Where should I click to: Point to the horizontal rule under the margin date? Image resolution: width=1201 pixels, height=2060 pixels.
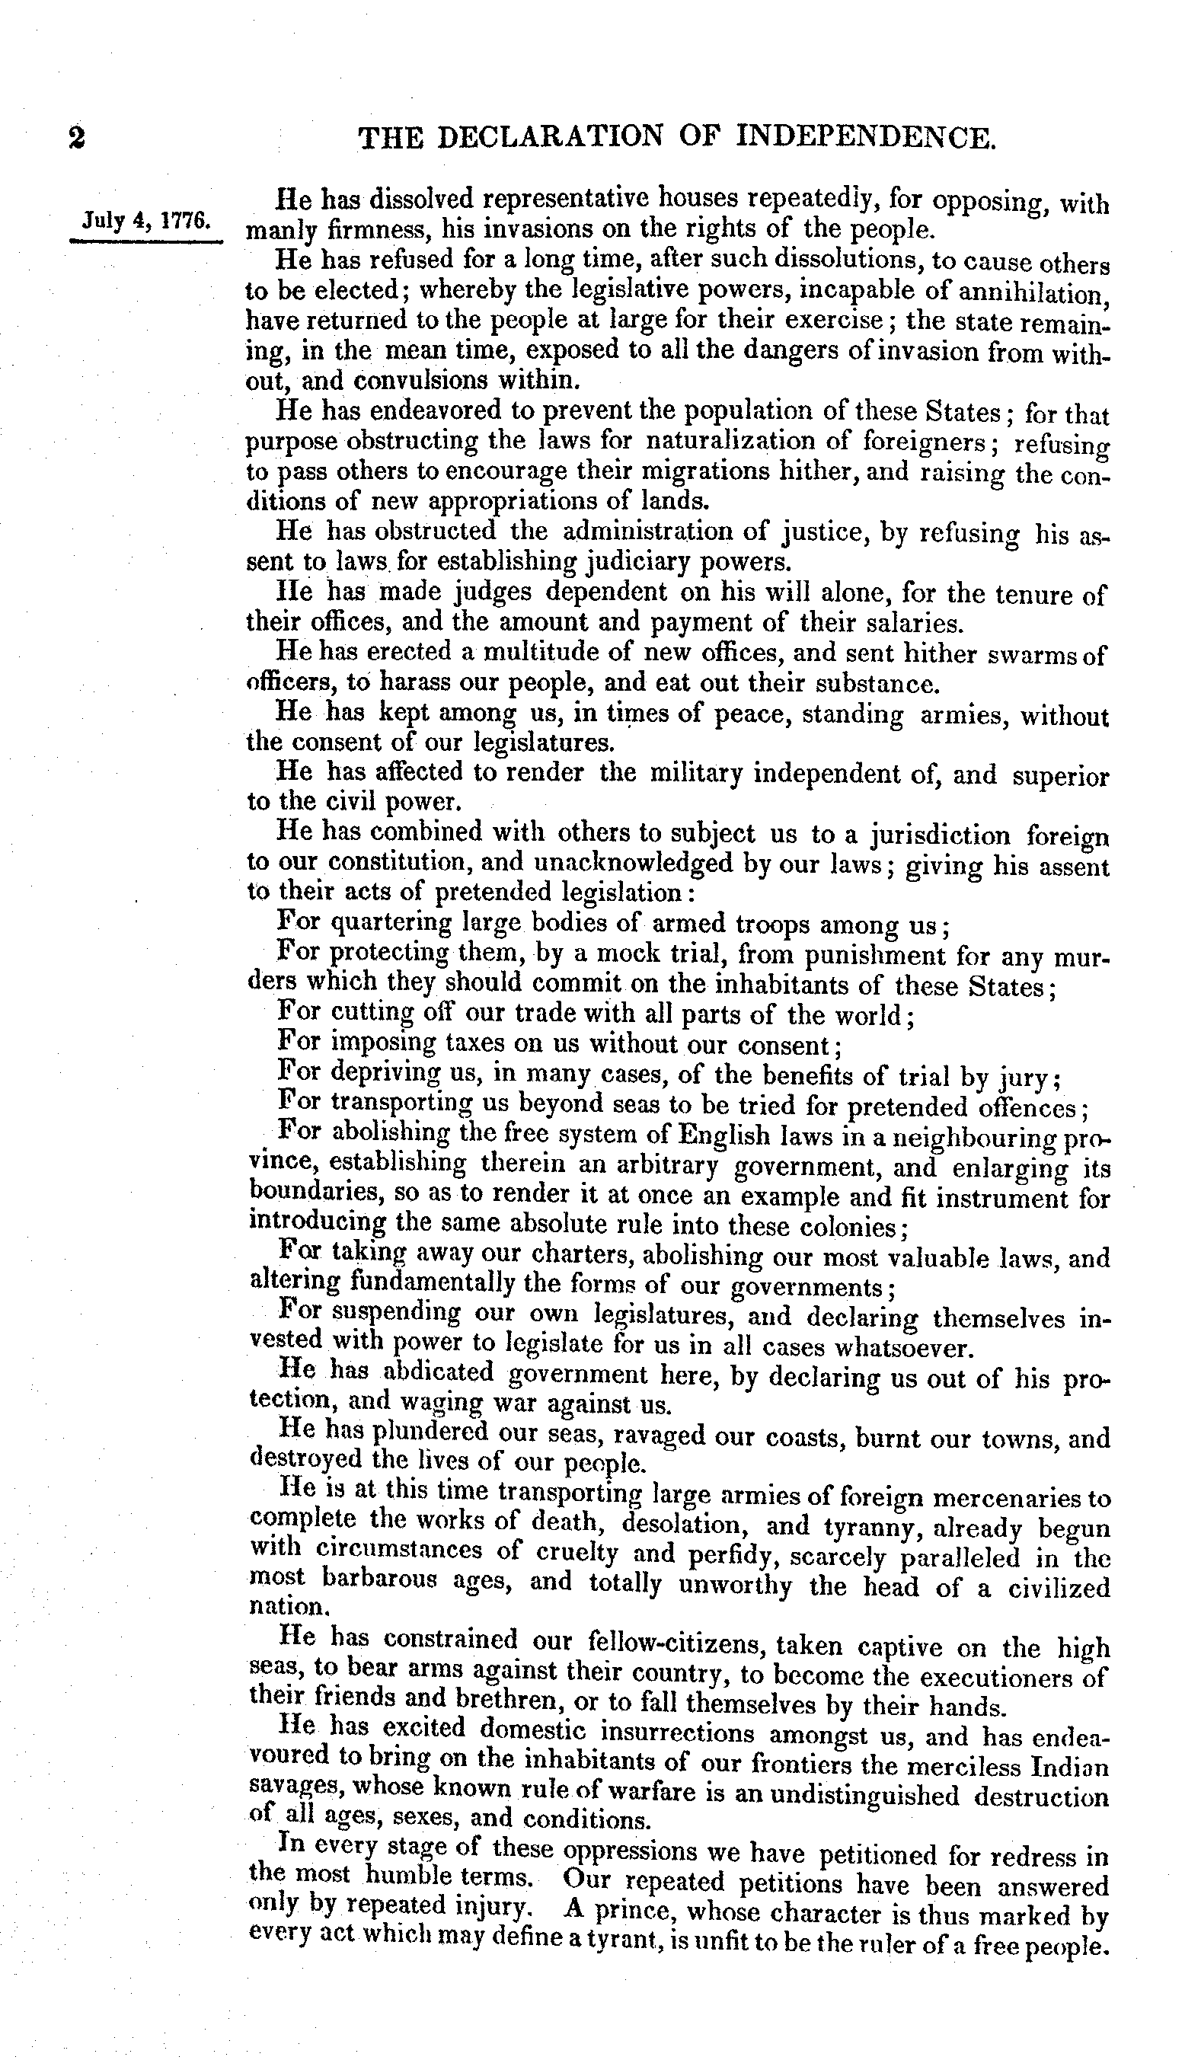[x=146, y=241]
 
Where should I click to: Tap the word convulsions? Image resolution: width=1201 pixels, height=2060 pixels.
[x=414, y=381]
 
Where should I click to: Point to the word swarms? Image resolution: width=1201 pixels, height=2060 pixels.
[x=1025, y=655]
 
